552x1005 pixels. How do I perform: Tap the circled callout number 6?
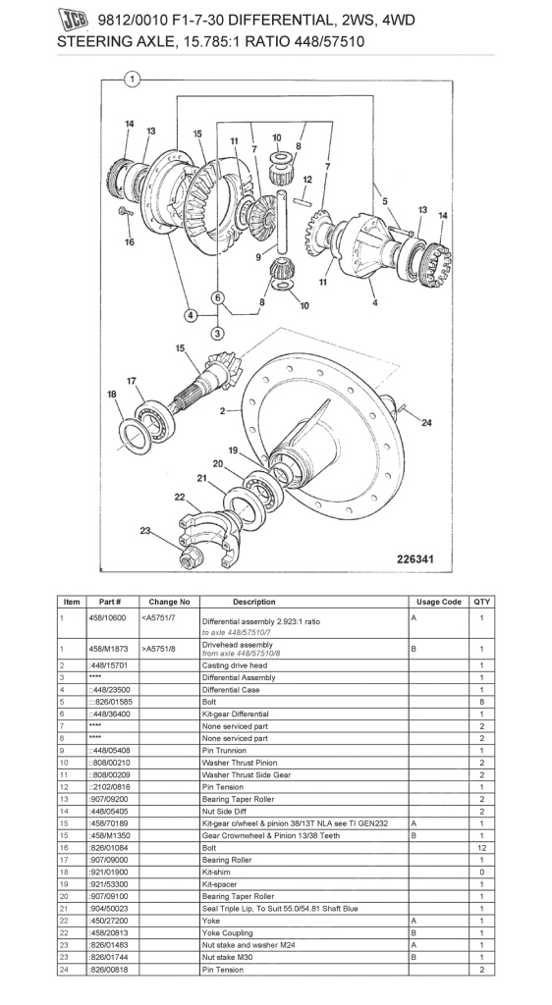[x=218, y=297]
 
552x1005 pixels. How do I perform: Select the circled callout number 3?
[x=218, y=334]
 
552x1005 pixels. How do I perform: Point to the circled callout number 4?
[x=190, y=316]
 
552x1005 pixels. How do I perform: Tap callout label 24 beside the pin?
[x=425, y=423]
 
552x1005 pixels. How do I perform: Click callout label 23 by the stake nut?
[x=145, y=531]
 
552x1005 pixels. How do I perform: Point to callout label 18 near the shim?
[x=111, y=395]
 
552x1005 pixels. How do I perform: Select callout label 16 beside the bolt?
[x=129, y=241]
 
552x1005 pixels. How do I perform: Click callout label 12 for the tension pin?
[x=306, y=180]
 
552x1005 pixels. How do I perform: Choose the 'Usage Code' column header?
[x=438, y=602]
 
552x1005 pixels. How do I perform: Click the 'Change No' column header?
[x=169, y=602]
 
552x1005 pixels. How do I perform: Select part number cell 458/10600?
[x=108, y=618]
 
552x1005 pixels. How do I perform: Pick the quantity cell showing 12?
[x=481, y=846]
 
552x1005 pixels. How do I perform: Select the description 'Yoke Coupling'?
[x=228, y=932]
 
